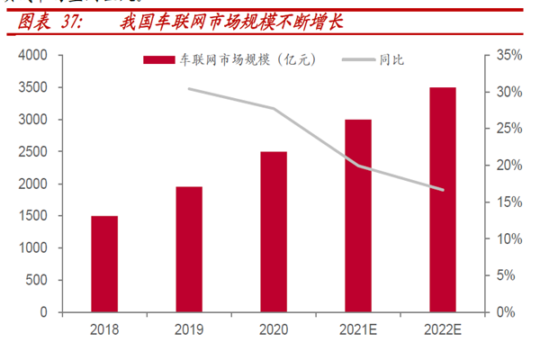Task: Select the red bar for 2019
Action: pos(189,249)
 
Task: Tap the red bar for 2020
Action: pos(274,231)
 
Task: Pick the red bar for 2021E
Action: pos(358,215)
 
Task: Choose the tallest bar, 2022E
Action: pos(443,200)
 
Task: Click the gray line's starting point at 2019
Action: pos(189,89)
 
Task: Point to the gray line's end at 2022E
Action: pos(443,190)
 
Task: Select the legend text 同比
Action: pos(392,60)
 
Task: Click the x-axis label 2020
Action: pos(274,329)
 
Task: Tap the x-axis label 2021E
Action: pos(358,329)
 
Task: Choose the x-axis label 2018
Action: pos(104,329)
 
